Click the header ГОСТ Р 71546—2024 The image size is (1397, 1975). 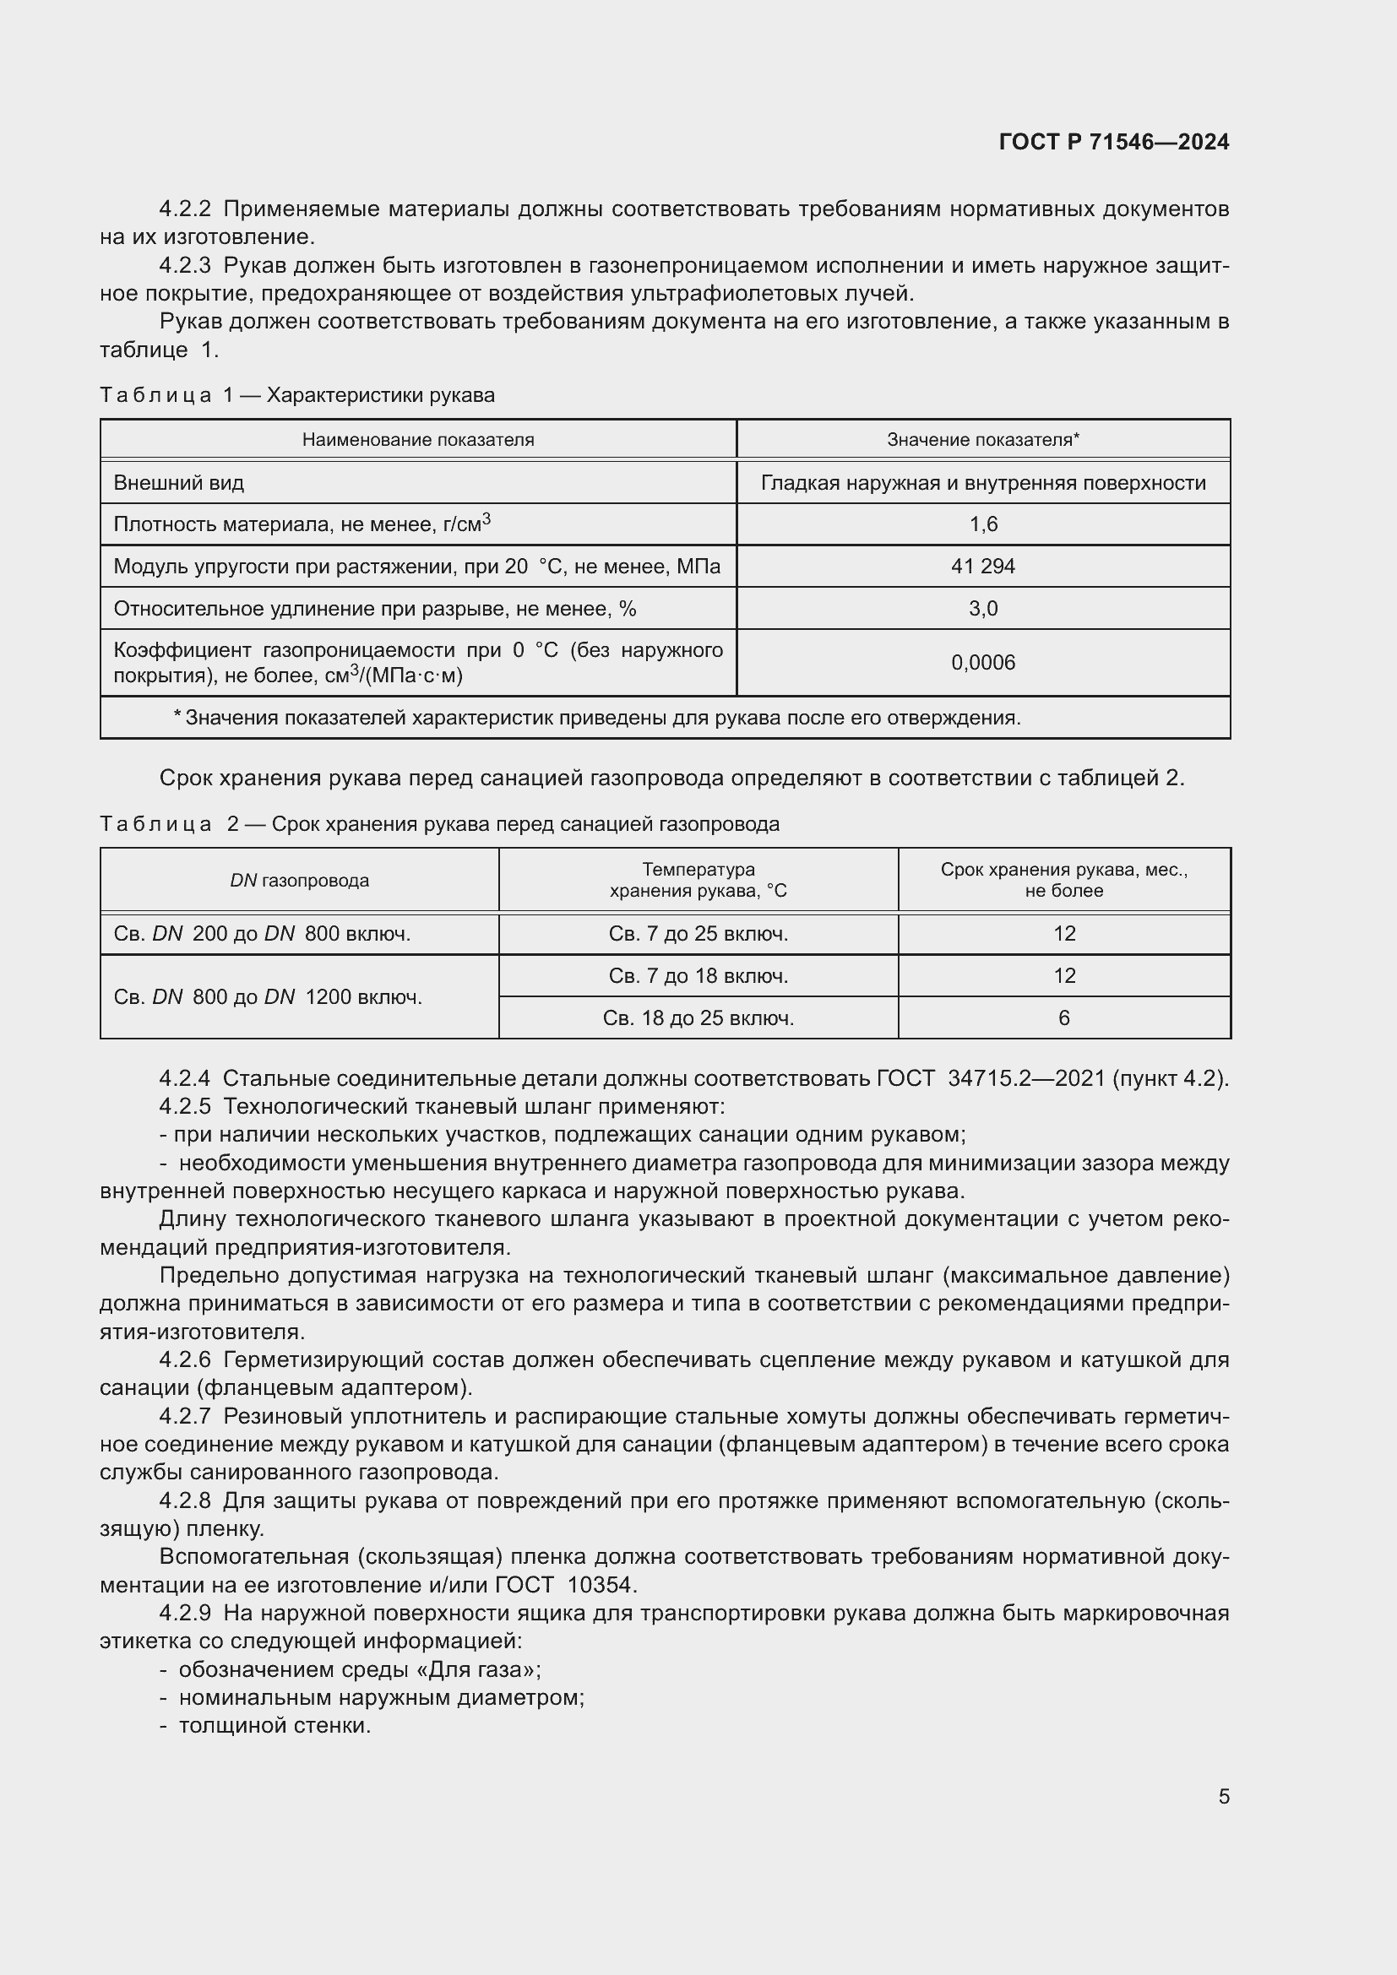[1113, 142]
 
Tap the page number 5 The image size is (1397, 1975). [1223, 1796]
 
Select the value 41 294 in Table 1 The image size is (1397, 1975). [982, 566]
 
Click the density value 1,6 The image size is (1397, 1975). [982, 524]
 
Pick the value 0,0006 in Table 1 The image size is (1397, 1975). [982, 662]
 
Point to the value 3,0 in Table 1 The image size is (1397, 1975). [982, 608]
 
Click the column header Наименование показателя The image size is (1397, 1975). [418, 440]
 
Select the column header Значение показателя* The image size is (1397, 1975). [982, 440]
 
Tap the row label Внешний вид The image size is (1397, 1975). [179, 483]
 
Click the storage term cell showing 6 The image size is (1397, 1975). [1063, 1017]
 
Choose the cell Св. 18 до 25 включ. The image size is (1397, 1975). [698, 1017]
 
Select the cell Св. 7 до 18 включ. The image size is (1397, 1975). [698, 975]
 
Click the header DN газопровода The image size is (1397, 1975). [299, 880]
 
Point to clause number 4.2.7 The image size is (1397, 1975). [185, 1416]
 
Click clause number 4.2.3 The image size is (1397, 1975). [185, 266]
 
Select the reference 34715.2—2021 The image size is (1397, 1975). [1025, 1077]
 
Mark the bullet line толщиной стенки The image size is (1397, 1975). [275, 1726]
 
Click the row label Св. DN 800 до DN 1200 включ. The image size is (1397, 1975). [268, 997]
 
